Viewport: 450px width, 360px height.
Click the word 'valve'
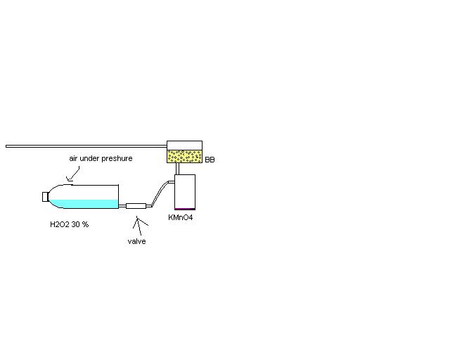[136, 241]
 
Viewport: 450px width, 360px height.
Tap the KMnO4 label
[180, 218]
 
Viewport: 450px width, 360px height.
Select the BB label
[210, 160]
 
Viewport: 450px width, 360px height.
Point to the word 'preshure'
[117, 158]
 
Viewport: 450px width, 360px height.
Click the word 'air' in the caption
[73, 158]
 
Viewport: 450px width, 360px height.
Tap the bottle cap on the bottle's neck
[44, 196]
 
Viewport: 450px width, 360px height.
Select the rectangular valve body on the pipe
[136, 205]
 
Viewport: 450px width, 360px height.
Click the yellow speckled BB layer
[184, 156]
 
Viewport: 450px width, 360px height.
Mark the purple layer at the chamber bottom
[184, 209]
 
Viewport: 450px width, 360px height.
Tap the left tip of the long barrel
[8, 146]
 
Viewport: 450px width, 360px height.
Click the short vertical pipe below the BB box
[178, 169]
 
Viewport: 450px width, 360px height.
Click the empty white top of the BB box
[184, 145]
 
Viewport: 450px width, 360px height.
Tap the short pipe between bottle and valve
[122, 205]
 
